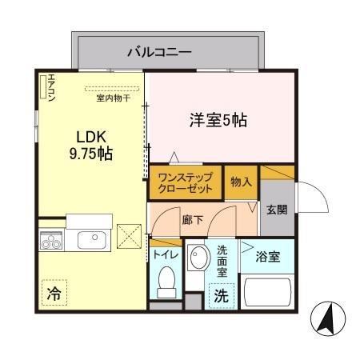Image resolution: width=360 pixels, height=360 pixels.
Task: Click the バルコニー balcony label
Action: point(159,52)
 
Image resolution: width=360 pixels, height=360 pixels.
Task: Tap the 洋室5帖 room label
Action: point(218,120)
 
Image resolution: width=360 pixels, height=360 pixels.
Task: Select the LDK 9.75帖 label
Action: point(91,146)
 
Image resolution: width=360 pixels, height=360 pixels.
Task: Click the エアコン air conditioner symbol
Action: point(43,87)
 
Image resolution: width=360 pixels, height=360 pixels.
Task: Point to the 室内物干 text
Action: point(114,98)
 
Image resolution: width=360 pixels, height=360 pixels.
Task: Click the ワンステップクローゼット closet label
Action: point(186,182)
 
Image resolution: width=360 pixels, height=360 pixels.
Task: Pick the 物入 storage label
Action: point(242,182)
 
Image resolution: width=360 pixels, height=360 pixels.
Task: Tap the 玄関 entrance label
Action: point(277,210)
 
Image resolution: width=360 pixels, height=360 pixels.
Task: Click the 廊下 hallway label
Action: point(193,220)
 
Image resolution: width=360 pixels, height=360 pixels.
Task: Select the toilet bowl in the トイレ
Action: point(166,282)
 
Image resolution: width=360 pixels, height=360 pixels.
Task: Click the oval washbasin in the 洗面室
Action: point(198,257)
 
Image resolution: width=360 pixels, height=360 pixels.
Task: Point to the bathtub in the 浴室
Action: point(267,292)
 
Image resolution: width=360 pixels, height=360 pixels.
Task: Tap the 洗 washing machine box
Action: point(222,296)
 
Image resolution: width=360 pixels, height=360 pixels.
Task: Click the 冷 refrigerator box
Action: point(54,293)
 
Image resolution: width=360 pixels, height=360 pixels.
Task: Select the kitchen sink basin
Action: point(92,240)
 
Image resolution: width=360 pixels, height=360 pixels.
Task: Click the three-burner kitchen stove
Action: point(51,241)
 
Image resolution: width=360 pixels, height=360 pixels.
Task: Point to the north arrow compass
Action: point(328,318)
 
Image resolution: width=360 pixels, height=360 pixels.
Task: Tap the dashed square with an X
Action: point(129,236)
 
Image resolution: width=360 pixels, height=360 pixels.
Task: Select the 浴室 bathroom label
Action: point(268,257)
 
